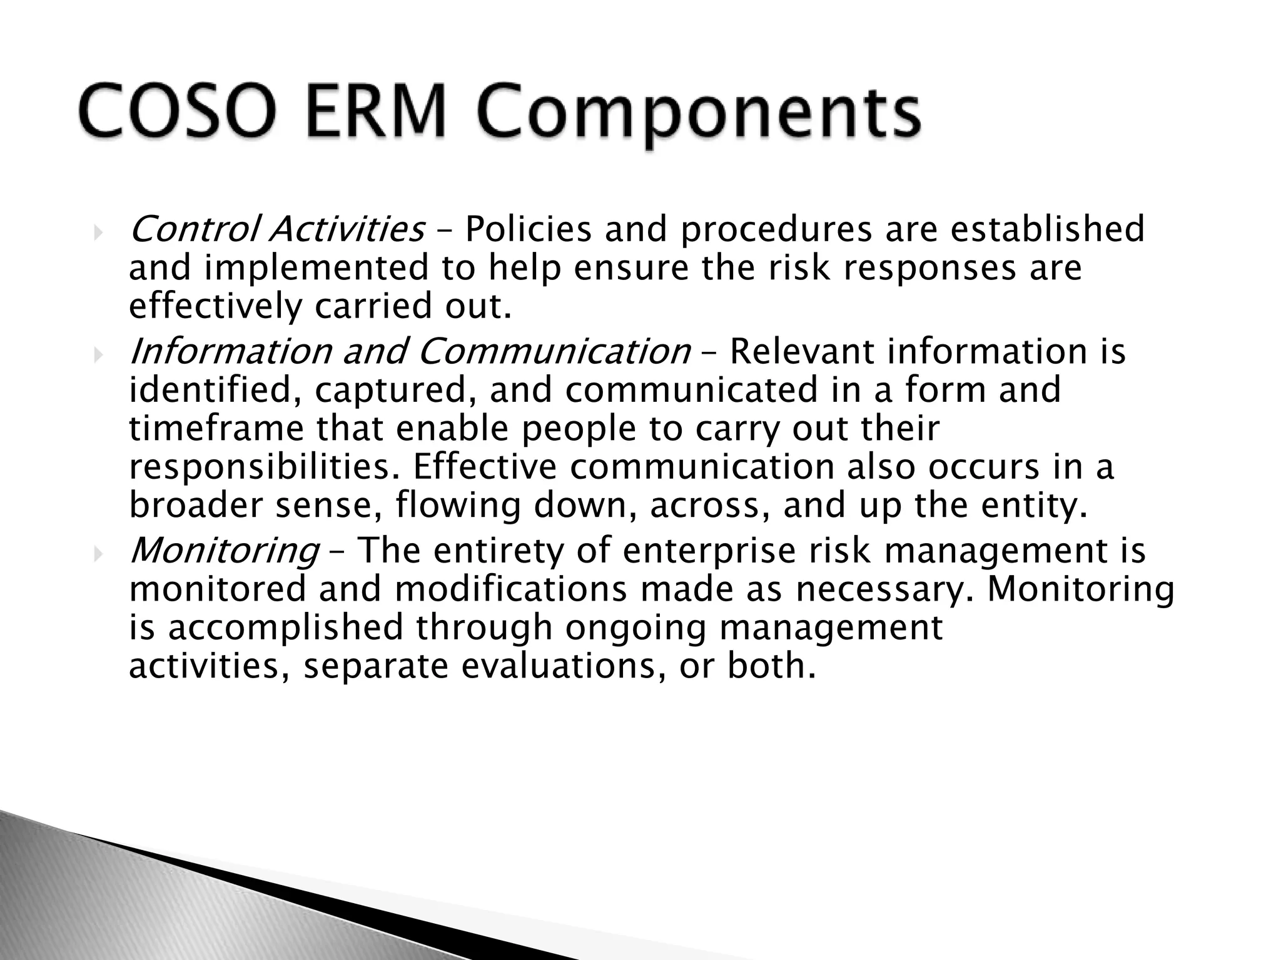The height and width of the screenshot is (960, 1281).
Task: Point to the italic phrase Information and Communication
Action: point(410,351)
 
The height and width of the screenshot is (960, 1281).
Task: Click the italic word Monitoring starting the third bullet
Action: point(225,551)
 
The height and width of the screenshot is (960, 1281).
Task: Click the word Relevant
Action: point(802,351)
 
